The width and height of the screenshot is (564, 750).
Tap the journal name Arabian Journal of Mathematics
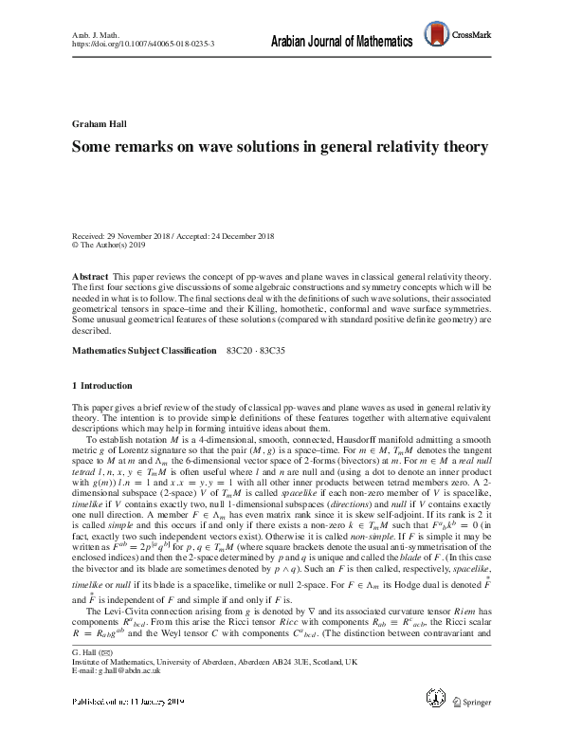coord(341,43)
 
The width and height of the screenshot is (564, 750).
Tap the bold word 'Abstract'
coord(91,273)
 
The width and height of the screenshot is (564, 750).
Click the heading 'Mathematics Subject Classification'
coord(144,351)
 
